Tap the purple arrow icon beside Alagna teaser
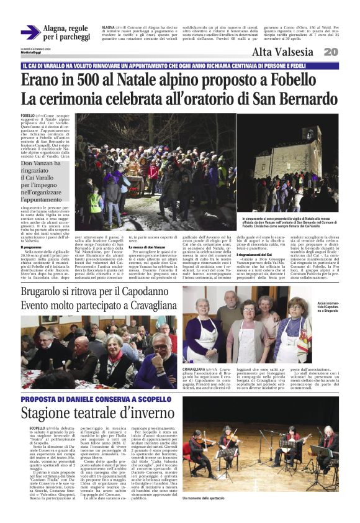pyautogui.click(x=30, y=32)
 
